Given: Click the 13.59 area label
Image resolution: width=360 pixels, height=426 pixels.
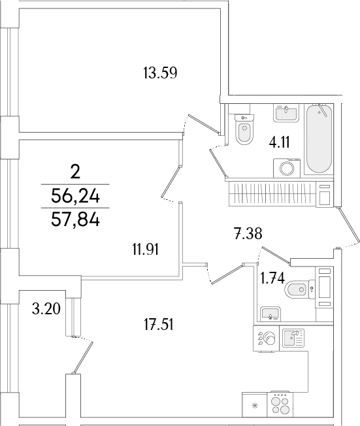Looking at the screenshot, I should (160, 73).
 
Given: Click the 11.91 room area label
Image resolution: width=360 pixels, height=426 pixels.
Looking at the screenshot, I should (145, 248).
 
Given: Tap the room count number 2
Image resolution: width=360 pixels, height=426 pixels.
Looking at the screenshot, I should (75, 172).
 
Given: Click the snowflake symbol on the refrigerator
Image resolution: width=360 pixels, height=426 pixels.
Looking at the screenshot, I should (254, 406).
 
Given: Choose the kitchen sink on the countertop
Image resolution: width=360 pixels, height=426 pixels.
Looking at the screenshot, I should (293, 338).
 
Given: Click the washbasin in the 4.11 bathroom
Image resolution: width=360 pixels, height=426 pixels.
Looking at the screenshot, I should (285, 113).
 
